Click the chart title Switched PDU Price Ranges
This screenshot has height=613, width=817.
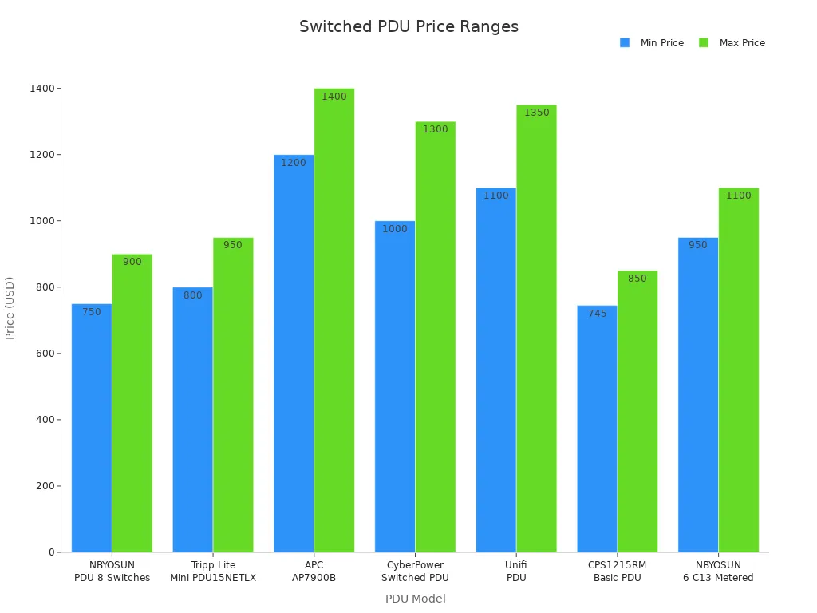tap(408, 27)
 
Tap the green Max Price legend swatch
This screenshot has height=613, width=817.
tap(704, 43)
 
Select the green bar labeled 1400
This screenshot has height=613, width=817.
tap(334, 320)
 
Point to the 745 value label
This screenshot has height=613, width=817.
tap(598, 314)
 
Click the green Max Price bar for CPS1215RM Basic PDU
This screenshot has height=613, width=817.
tap(637, 412)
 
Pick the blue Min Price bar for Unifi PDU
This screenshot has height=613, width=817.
tap(495, 370)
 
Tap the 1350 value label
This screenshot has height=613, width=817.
tap(536, 113)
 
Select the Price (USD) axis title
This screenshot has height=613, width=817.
tap(10, 308)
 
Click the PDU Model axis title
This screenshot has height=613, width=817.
tap(415, 599)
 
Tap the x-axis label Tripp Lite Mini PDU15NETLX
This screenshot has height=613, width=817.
tap(213, 571)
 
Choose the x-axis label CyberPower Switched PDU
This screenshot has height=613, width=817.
tap(415, 571)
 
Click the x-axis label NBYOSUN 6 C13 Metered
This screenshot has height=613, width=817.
tap(718, 571)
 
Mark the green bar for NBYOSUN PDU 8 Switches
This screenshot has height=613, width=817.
tap(132, 403)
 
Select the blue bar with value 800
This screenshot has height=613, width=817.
tap(193, 420)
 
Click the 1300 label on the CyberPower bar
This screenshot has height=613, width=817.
tap(436, 129)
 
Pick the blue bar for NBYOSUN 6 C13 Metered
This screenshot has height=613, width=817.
tap(698, 395)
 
